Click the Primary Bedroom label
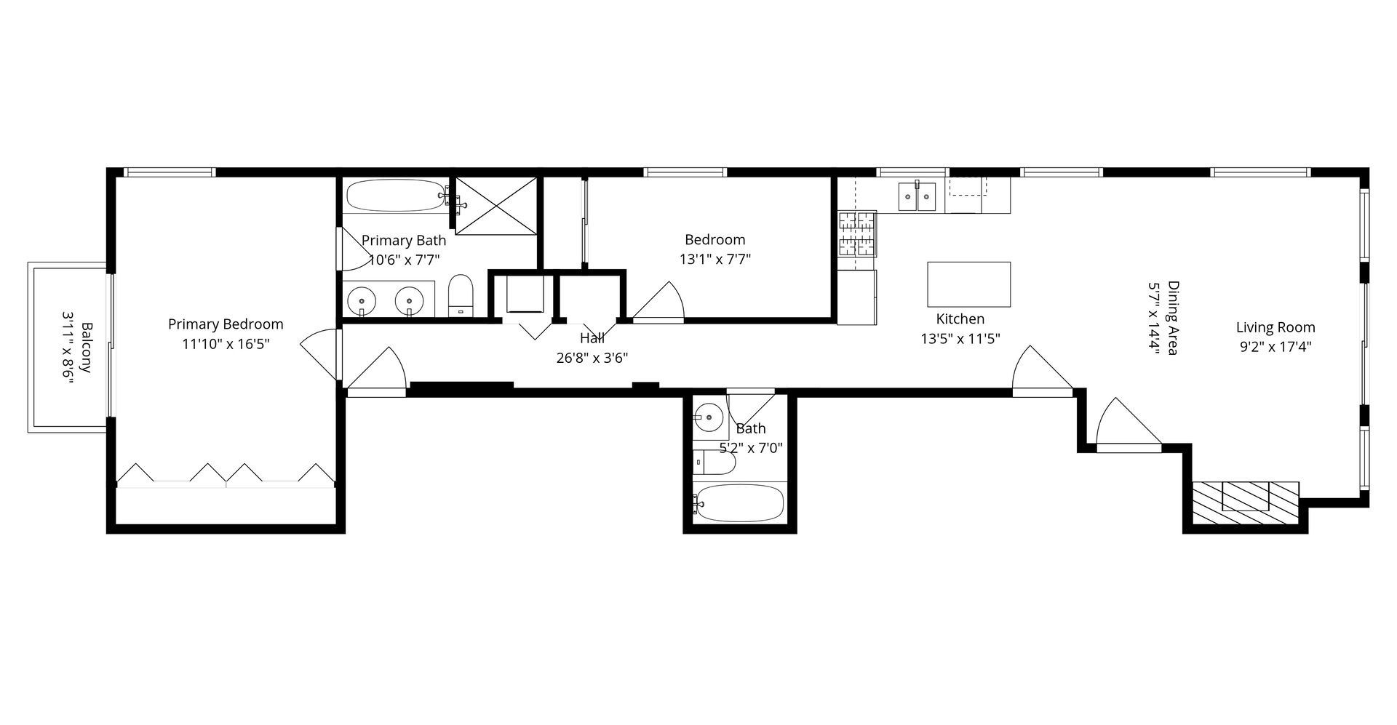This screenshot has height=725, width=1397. (x=226, y=324)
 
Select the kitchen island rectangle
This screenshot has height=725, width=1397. (x=968, y=284)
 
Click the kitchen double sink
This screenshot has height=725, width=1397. (x=917, y=196)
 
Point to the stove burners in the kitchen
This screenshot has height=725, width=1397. (x=857, y=233)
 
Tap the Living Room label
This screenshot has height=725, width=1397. (x=1275, y=327)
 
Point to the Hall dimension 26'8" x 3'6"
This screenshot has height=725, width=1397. (x=592, y=358)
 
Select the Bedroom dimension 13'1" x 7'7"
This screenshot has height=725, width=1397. (x=715, y=259)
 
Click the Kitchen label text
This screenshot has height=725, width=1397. (x=960, y=319)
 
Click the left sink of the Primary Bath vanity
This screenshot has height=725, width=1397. (x=362, y=300)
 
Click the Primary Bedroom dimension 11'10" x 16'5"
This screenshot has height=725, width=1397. (x=226, y=344)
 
